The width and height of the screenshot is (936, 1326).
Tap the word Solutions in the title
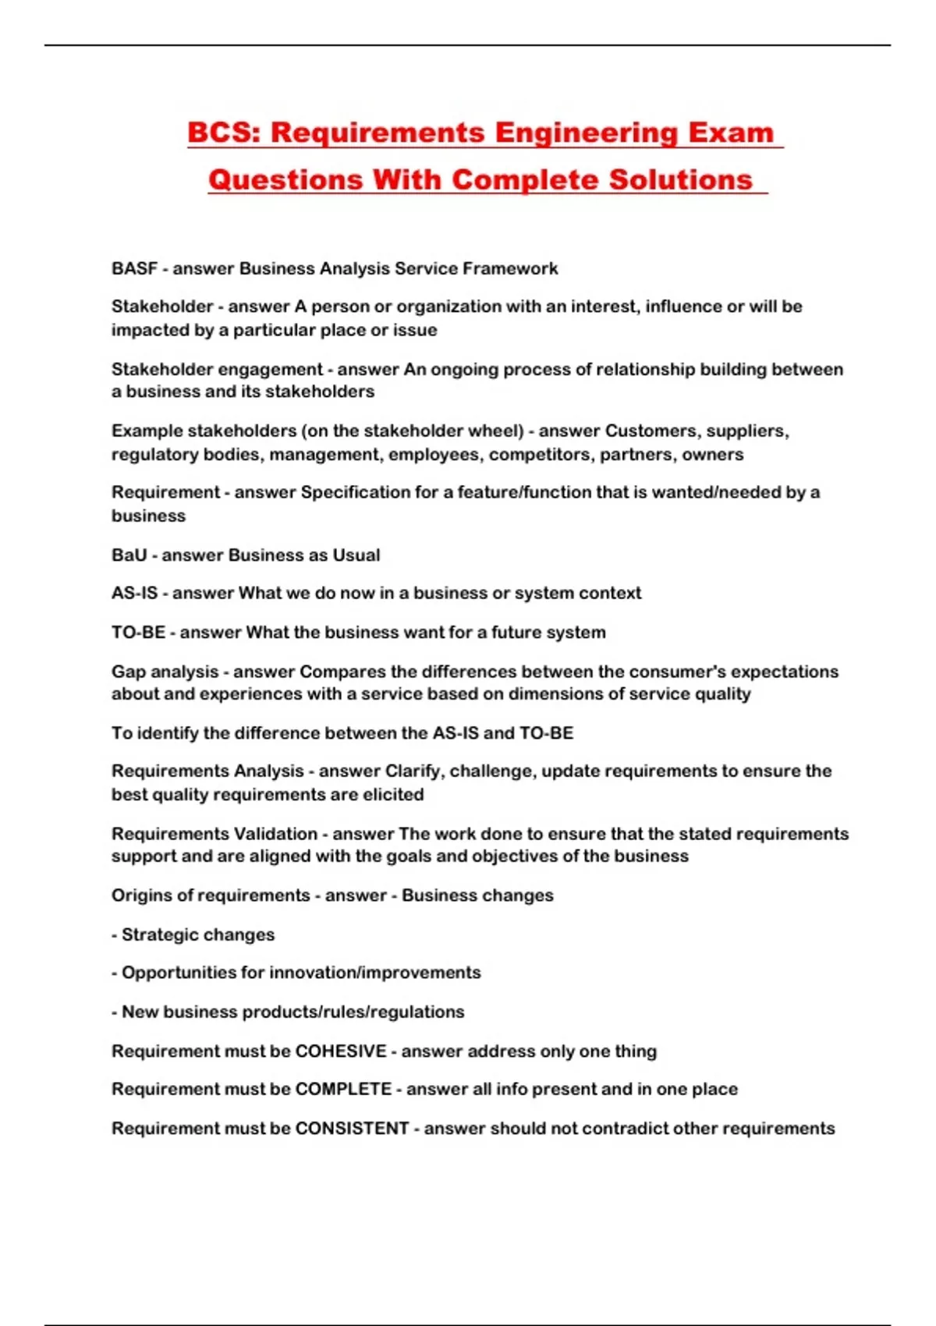[680, 180]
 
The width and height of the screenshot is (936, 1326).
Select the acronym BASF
[134, 268]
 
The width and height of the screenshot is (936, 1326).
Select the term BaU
[129, 555]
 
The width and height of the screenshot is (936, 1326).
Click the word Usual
[356, 555]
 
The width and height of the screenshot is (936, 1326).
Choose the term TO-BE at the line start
[138, 632]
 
